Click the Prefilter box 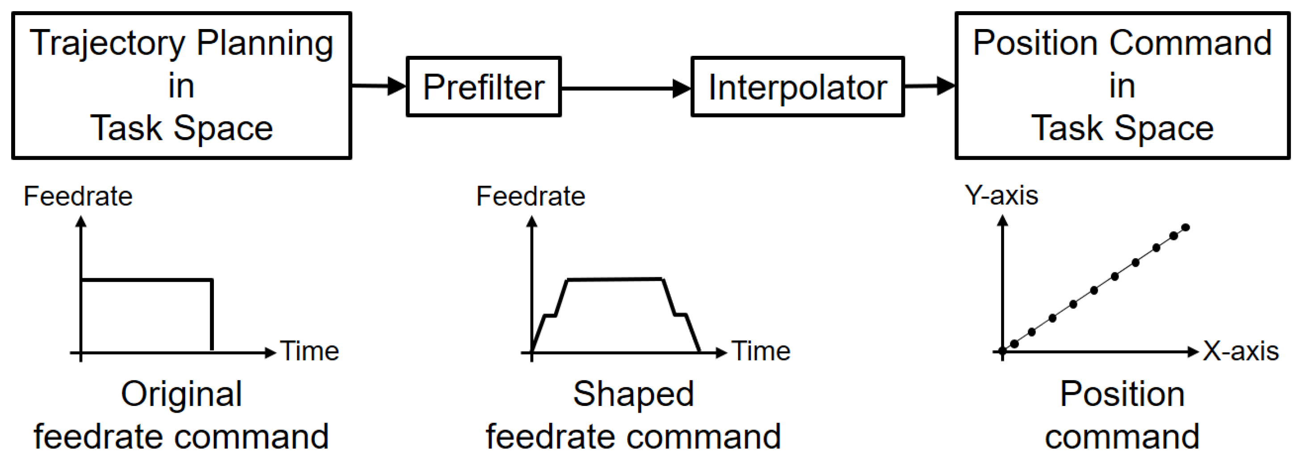click(x=484, y=87)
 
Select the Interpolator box click(x=797, y=87)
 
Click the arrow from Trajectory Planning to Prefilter click(x=379, y=85)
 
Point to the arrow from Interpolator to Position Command click(x=929, y=85)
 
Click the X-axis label click(x=1240, y=351)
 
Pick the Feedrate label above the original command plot click(x=78, y=196)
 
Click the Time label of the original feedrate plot click(x=309, y=351)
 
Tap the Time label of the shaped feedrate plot click(x=761, y=351)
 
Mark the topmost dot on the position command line click(x=1186, y=227)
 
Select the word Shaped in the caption click(x=633, y=394)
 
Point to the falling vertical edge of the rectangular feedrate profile click(x=212, y=314)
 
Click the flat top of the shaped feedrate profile click(x=614, y=279)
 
